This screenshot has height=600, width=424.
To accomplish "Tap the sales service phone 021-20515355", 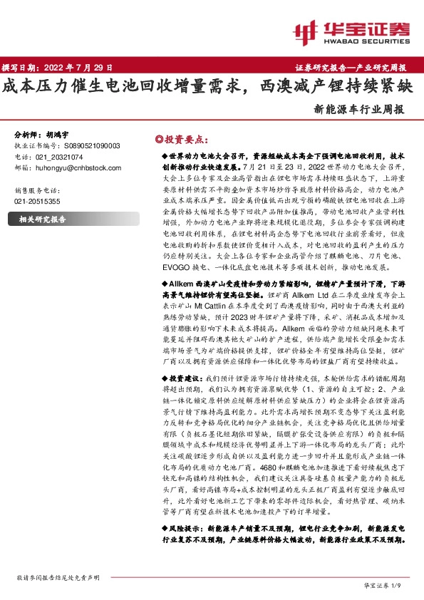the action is pyautogui.click(x=37, y=202).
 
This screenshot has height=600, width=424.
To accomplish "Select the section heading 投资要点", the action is pyautogui.click(x=184, y=139).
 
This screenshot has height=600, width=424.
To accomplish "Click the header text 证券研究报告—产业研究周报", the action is pyautogui.click(x=351, y=68).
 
